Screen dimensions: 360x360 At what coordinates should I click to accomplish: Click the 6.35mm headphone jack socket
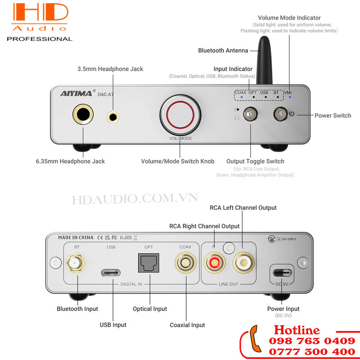pyautogui.click(x=83, y=114)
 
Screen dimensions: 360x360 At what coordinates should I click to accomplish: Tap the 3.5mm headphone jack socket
pyautogui.click(x=113, y=117)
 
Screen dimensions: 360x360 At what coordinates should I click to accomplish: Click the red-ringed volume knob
pyautogui.click(x=180, y=115)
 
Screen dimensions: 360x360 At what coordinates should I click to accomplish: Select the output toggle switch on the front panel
pyautogui.click(x=250, y=114)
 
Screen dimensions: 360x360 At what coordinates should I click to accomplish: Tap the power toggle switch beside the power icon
pyautogui.click(x=280, y=114)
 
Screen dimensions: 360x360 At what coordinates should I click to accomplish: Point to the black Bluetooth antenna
pyautogui.click(x=264, y=60)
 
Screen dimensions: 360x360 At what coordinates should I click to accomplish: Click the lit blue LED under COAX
pyautogui.click(x=242, y=97)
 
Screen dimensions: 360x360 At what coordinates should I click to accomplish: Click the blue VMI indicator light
pyautogui.click(x=290, y=97)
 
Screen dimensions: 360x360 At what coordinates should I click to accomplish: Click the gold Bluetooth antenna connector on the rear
pyautogui.click(x=76, y=263)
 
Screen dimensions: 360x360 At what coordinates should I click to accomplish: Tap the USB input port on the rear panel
pyautogui.click(x=111, y=273)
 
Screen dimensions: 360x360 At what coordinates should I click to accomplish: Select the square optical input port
pyautogui.click(x=148, y=263)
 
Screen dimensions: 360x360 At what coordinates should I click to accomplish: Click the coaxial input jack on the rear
pyautogui.click(x=185, y=263)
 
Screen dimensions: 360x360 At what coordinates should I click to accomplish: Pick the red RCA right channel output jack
pyautogui.click(x=215, y=262)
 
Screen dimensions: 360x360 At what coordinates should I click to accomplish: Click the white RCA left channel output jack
pyautogui.click(x=243, y=262)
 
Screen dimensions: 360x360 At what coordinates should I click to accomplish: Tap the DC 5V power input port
pyautogui.click(x=282, y=273)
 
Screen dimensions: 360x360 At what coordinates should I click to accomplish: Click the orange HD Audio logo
pyautogui.click(x=40, y=17)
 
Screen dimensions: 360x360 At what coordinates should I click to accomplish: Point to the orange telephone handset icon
pyautogui.click(x=255, y=339)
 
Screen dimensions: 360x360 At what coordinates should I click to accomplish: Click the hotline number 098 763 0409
pyautogui.click(x=312, y=341)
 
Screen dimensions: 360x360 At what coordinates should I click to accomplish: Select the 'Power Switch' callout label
pyautogui.click(x=333, y=116)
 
